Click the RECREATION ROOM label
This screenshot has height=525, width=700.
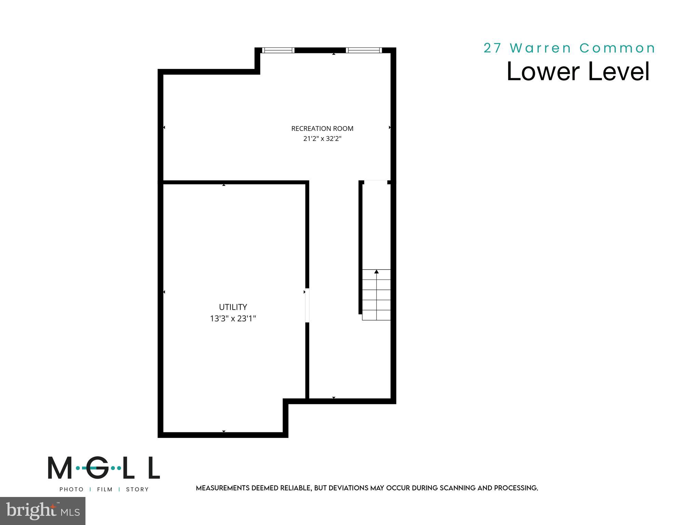(322, 129)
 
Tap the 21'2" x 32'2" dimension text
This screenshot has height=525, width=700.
(322, 139)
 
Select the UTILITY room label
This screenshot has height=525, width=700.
(233, 307)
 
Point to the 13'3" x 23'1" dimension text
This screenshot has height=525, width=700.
(233, 319)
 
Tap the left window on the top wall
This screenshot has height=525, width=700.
(278, 50)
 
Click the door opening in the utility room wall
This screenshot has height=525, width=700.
(307, 305)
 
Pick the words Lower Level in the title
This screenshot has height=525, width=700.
(578, 71)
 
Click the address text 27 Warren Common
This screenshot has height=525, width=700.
(569, 48)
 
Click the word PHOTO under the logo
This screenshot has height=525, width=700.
(71, 489)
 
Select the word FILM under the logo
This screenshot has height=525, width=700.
(105, 489)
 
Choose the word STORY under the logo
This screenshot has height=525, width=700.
(137, 489)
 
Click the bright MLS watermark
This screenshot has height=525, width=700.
(43, 511)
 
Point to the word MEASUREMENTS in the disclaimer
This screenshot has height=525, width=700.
(223, 488)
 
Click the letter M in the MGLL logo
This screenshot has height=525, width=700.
(60, 468)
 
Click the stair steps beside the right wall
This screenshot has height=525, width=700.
(376, 295)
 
